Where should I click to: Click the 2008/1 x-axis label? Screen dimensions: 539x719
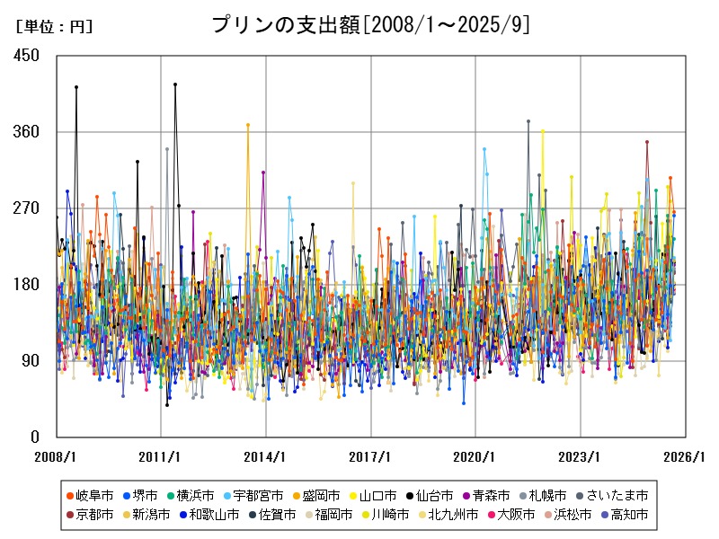[57, 456]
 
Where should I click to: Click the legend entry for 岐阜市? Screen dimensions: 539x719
[90, 495]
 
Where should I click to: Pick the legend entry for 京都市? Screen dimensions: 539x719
[90, 515]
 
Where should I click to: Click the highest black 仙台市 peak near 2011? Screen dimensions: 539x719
[175, 84]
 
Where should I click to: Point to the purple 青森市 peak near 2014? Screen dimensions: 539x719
[263, 172]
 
